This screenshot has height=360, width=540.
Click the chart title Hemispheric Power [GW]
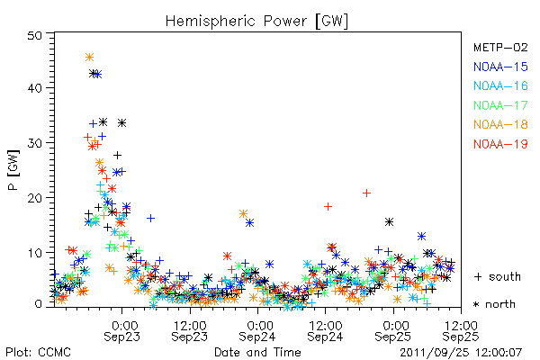coord(256,21)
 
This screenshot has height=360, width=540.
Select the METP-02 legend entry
coord(500,47)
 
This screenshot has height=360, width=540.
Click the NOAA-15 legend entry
coord(500,67)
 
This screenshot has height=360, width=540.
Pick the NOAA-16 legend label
coord(500,85)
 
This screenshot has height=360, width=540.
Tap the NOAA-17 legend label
coord(500,105)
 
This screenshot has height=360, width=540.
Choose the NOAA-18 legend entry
coord(500,124)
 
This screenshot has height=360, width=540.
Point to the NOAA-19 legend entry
coord(500,144)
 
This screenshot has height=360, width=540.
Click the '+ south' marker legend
coord(497,276)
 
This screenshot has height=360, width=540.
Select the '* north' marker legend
coord(494,304)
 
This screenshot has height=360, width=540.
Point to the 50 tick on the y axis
coord(35,35)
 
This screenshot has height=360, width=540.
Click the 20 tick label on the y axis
coord(35,198)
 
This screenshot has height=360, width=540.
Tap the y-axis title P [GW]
coord(13,170)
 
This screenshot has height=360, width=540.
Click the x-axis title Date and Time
coord(257,352)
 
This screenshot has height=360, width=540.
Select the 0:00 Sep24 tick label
coord(257,330)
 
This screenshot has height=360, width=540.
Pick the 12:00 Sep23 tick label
coord(190,330)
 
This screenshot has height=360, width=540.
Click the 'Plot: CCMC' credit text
coord(38,352)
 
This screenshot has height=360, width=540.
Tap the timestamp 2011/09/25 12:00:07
coord(461,353)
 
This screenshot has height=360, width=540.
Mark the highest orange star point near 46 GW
coord(89,58)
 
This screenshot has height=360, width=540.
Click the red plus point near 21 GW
coord(367,193)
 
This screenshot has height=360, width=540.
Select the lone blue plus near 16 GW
coord(150,218)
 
